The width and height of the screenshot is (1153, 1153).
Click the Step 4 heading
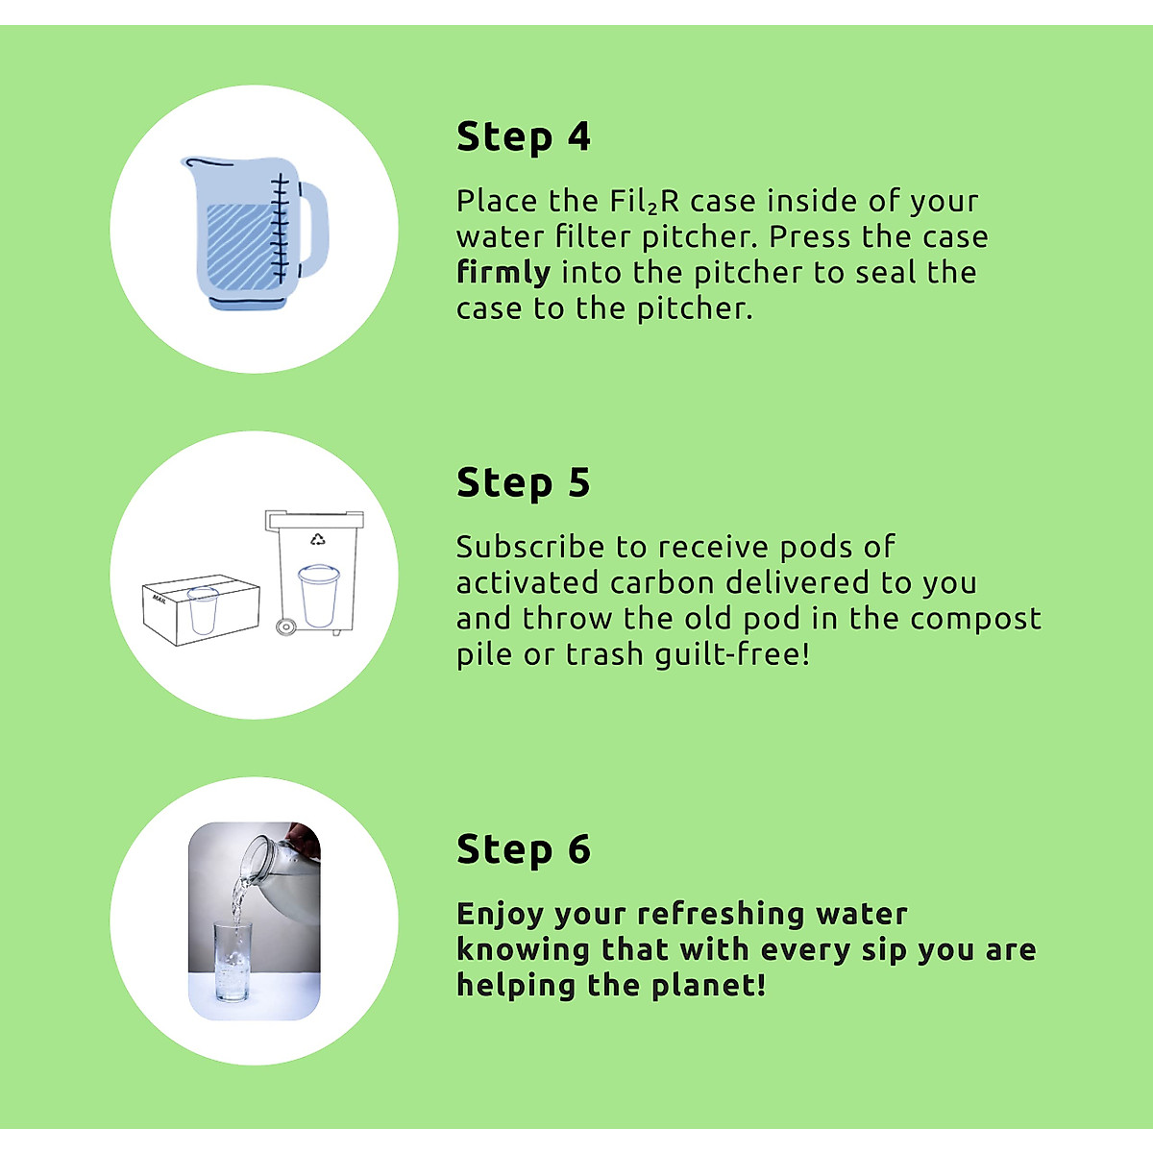coord(523,137)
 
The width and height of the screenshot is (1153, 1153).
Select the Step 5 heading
coord(523,483)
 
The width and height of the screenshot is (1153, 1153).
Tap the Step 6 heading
coord(523,850)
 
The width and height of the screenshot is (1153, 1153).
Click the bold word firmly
coord(503,273)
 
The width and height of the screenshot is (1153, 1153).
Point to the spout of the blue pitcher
coord(189,165)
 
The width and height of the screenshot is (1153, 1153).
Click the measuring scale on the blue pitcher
coord(280,229)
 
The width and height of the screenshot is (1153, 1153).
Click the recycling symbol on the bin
coord(318,539)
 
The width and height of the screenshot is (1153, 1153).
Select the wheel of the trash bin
coord(284,626)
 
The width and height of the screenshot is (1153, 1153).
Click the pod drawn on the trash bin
coord(318,596)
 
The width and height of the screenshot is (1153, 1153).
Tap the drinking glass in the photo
coord(232,961)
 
